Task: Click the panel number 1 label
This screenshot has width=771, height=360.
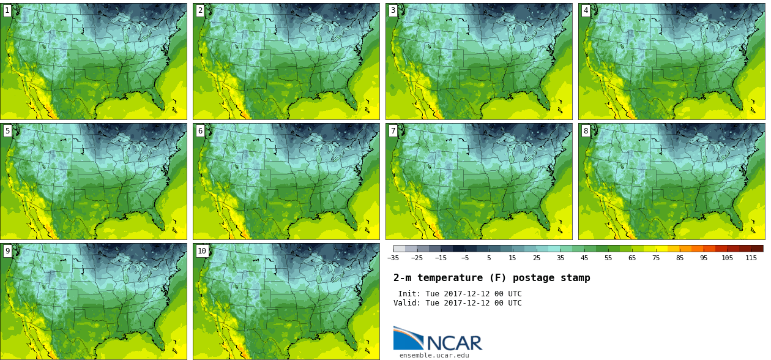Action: tap(7, 10)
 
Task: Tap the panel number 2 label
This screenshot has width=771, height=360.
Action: tap(200, 10)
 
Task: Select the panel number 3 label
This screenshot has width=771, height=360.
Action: tap(393, 10)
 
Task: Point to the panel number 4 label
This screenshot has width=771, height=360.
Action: tap(586, 10)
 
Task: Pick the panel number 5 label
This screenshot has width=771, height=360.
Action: tap(7, 130)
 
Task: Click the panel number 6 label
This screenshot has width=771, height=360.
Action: tap(200, 130)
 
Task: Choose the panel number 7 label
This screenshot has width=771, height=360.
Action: tap(393, 130)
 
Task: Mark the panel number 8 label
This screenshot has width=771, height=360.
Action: tap(586, 130)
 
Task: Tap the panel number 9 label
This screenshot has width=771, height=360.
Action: tap(7, 250)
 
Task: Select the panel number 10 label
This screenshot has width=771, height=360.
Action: tap(202, 250)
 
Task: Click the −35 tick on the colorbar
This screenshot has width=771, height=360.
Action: tap(393, 258)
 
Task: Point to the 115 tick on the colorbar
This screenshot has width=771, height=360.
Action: tap(751, 258)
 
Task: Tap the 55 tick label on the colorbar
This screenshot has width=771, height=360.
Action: tap(608, 258)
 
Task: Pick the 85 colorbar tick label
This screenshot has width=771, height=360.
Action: tap(679, 258)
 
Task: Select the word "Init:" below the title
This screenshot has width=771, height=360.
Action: tap(409, 294)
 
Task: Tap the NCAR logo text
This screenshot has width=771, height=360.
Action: tap(453, 343)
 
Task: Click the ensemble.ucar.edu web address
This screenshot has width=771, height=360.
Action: tap(434, 355)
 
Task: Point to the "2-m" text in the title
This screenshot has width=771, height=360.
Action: tap(402, 278)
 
